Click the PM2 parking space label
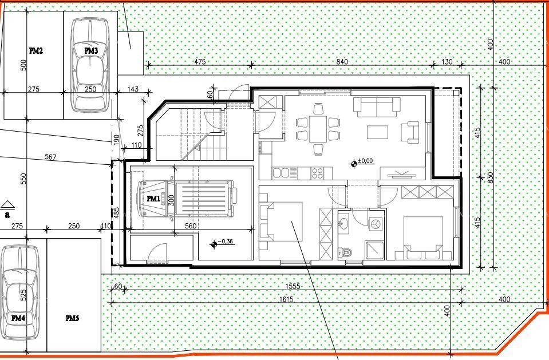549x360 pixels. pos(35,51)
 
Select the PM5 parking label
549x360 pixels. pos(72,318)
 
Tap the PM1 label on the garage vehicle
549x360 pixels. pos(153,199)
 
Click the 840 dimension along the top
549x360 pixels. pos(342,62)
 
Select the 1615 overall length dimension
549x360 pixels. pos(286,299)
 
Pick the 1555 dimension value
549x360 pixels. pos(293,286)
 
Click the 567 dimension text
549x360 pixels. pos(50,157)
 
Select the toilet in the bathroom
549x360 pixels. pos(343,251)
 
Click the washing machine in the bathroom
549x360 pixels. pos(376,224)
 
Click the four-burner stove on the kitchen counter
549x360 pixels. pos(318,172)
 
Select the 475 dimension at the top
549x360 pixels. pos(200,62)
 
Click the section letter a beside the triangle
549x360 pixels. pos(7,215)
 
